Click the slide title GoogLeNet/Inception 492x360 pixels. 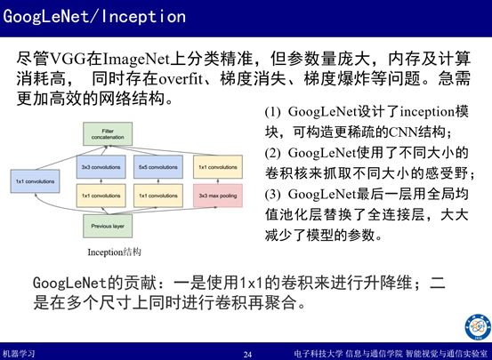94,17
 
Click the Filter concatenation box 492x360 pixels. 108,134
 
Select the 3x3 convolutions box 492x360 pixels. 101,167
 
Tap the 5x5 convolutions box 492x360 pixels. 158,167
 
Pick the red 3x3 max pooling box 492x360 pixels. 218,196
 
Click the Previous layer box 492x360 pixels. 108,226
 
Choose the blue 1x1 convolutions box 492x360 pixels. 36,181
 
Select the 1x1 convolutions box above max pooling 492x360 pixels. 218,167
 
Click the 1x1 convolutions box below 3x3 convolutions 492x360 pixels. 101,196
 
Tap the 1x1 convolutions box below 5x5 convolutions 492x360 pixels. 158,196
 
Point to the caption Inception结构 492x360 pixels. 114,252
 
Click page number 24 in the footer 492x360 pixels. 247,355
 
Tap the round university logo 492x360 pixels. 478,327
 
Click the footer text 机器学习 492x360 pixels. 18,354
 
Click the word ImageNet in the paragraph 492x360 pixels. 136,60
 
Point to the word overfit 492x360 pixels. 181,79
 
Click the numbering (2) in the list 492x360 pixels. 272,154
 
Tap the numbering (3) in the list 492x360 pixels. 272,195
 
